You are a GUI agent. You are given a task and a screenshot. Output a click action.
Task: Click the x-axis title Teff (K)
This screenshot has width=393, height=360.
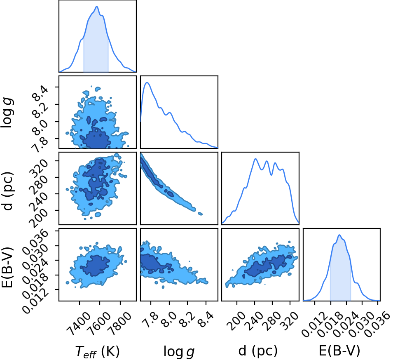97,351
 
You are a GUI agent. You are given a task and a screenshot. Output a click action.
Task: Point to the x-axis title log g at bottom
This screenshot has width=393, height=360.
179,352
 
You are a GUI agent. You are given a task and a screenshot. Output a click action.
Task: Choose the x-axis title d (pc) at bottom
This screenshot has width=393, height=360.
258,351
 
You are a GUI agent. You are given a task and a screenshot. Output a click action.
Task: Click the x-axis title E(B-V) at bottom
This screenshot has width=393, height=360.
339,351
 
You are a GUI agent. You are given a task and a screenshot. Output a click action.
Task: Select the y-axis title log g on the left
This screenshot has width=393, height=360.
7,113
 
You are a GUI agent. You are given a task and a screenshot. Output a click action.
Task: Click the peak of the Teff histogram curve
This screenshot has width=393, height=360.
97,7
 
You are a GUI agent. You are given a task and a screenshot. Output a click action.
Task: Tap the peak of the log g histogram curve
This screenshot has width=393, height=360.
147,82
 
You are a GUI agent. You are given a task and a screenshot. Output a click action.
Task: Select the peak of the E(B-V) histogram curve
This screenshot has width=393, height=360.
339,235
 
